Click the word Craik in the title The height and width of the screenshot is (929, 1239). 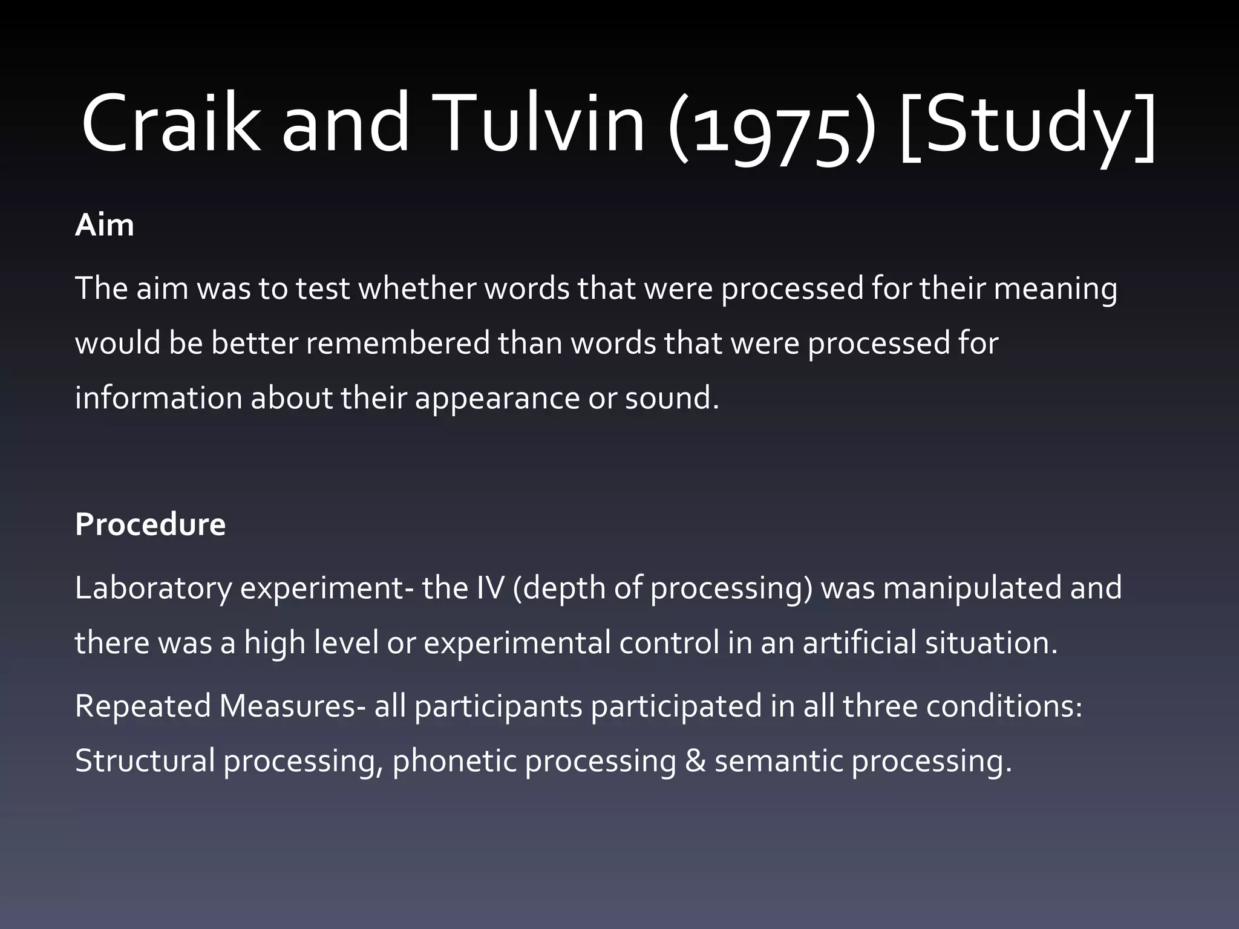pos(171,124)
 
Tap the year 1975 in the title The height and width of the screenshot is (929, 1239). pos(771,130)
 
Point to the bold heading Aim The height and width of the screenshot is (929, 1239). pos(104,226)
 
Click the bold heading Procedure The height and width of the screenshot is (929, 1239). pos(150,524)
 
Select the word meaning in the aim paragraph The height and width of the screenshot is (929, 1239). pos(1055,289)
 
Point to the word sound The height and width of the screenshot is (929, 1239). pos(671,399)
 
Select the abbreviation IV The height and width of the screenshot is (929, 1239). pos(490,588)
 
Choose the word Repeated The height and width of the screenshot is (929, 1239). pos(143,706)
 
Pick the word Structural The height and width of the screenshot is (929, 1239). pos(145,761)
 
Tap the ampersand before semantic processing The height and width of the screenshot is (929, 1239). pos(695,761)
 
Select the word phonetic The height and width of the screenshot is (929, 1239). pos(454,761)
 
